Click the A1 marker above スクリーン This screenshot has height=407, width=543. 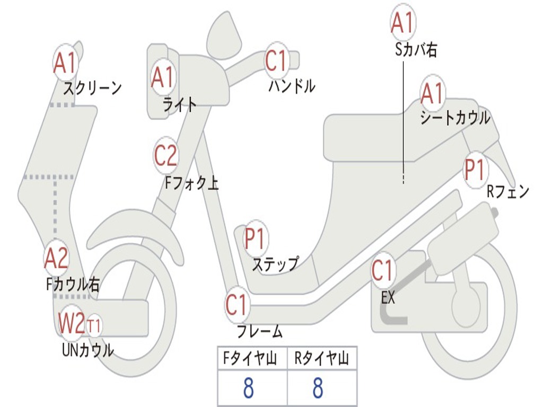click(x=66, y=63)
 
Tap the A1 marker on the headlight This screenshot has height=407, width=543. click(x=162, y=76)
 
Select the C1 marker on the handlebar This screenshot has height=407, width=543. click(x=276, y=60)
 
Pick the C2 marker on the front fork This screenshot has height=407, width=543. click(x=165, y=155)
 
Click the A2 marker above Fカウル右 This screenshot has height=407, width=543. click(x=56, y=258)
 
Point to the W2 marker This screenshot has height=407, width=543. click(x=71, y=323)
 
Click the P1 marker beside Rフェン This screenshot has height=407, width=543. click(x=475, y=170)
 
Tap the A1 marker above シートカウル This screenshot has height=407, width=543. click(x=432, y=94)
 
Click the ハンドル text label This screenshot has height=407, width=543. click(x=292, y=86)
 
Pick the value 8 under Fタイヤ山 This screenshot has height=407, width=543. click(x=248, y=388)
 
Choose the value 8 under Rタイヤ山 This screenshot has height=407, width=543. click(x=317, y=388)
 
